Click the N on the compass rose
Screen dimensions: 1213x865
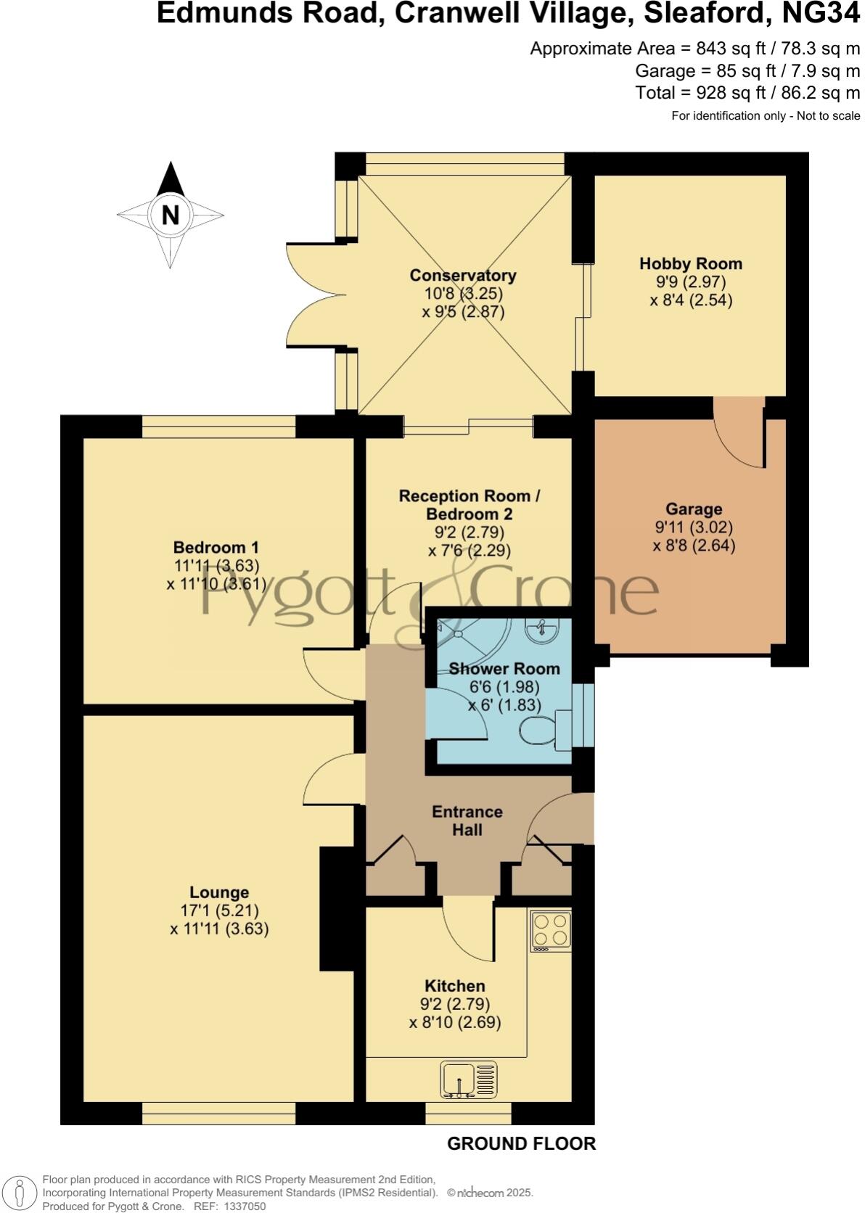point(170,215)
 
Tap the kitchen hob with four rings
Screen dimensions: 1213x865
point(551,931)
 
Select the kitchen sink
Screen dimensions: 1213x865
point(469,1079)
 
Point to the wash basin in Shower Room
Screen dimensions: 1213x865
point(542,630)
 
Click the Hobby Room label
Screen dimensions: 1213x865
point(690,263)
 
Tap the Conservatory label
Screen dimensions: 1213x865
point(463,276)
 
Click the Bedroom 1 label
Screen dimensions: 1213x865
point(216,548)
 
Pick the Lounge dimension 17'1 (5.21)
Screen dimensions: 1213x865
point(219,910)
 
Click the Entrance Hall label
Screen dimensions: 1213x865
point(467,821)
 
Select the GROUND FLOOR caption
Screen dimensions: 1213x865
point(521,1144)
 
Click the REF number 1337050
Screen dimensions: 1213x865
point(246,1206)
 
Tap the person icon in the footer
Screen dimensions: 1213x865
point(21,1192)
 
